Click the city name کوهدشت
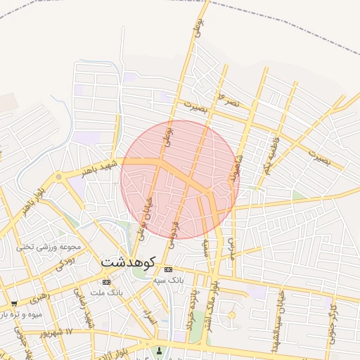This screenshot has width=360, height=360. [127, 260]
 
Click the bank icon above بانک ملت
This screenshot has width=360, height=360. [106, 282]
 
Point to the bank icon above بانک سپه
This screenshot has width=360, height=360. [168, 269]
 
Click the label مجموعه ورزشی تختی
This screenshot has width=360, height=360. [46, 247]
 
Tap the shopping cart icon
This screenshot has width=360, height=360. [14, 304]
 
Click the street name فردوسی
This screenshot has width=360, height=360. [175, 235]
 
